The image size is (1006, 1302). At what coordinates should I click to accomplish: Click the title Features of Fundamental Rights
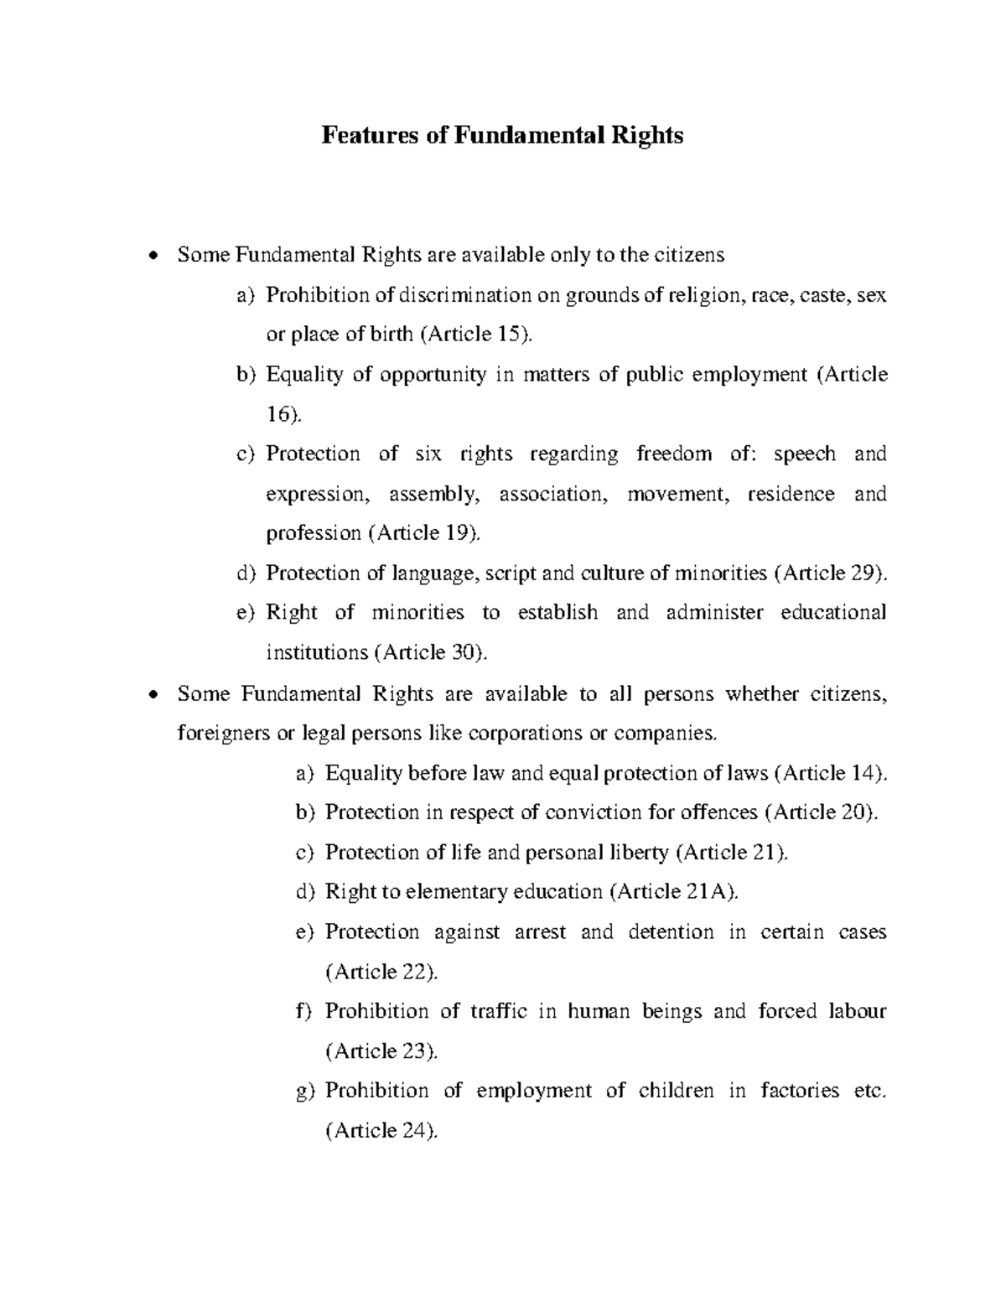[502, 135]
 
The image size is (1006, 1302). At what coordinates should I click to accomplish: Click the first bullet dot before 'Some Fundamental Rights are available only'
[152, 256]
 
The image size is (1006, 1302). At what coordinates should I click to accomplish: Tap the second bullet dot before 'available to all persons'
[152, 695]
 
